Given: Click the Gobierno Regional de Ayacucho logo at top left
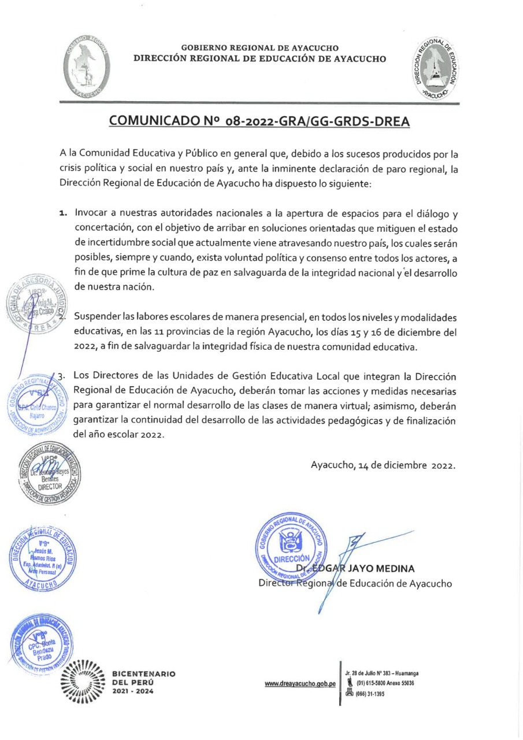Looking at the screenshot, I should coord(86,69).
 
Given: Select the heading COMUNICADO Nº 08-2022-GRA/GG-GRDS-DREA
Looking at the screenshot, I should coord(259,121).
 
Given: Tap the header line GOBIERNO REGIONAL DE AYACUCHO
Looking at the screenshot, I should coord(259,48).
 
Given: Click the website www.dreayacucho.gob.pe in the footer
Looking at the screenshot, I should coord(300,684).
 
